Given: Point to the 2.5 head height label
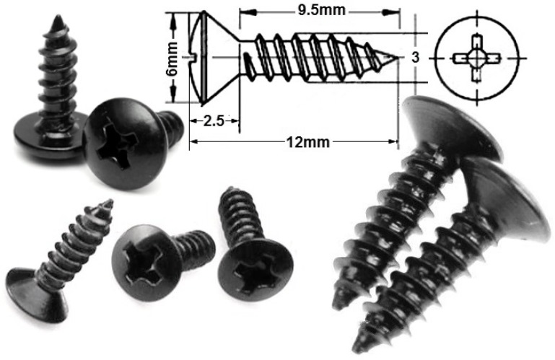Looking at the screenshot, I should [x=213, y=121].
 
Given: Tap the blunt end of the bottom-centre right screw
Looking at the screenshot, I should [x=232, y=193].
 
